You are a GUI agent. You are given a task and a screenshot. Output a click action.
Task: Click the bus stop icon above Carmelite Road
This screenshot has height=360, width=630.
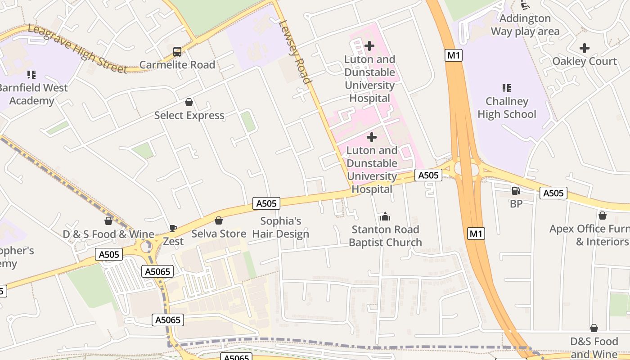tap(177, 52)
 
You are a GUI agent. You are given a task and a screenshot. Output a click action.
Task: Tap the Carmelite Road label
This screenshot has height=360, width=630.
tap(177, 65)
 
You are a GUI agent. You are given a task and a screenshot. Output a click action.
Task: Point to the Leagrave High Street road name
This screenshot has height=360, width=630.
tap(77, 49)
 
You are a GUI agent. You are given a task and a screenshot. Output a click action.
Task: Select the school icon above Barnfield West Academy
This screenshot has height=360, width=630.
tap(31, 75)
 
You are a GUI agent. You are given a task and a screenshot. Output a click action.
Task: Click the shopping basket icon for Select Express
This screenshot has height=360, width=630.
tap(189, 103)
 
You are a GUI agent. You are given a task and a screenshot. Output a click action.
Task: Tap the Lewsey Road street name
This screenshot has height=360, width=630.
tap(295, 52)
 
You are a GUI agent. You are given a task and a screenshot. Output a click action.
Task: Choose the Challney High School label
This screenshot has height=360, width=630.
tap(507, 108)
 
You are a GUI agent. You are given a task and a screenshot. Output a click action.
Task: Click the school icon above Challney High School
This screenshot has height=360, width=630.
tap(507, 88)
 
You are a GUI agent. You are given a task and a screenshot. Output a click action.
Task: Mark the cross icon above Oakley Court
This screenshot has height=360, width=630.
tap(584, 48)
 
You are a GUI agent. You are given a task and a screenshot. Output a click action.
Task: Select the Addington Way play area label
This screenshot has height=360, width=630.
tap(525, 25)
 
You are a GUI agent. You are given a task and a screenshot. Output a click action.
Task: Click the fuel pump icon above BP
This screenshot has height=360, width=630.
tap(516, 191)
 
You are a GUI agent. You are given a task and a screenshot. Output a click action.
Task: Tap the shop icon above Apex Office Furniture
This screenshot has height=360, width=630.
tap(602, 216)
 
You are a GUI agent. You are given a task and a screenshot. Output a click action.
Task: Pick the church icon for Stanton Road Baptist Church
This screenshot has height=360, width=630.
tap(385, 216)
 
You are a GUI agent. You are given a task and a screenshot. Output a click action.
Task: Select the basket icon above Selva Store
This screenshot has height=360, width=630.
tap(219, 220)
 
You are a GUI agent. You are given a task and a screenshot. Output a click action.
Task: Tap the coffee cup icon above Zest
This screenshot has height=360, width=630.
tap(173, 229)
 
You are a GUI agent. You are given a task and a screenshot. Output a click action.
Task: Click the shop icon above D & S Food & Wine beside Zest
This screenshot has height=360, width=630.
tap(108, 221)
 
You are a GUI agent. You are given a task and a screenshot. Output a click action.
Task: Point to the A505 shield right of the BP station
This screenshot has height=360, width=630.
tap(553, 193)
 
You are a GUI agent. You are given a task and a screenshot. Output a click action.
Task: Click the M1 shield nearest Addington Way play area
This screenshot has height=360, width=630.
tap(454, 55)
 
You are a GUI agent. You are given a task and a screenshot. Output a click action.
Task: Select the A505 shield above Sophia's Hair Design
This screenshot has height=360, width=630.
tap(266, 203)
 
